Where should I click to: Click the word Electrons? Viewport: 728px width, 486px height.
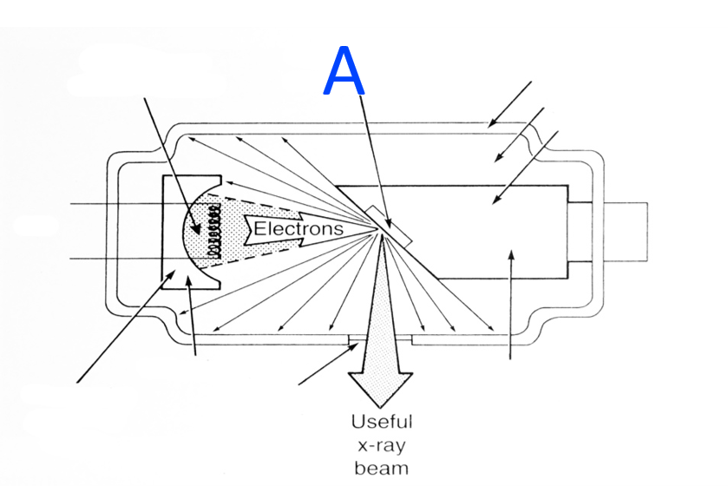point(298,229)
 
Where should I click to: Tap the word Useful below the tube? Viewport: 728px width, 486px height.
point(381,423)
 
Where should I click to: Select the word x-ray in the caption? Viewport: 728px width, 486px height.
point(381,447)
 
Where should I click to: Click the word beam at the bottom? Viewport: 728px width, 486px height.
point(381,470)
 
